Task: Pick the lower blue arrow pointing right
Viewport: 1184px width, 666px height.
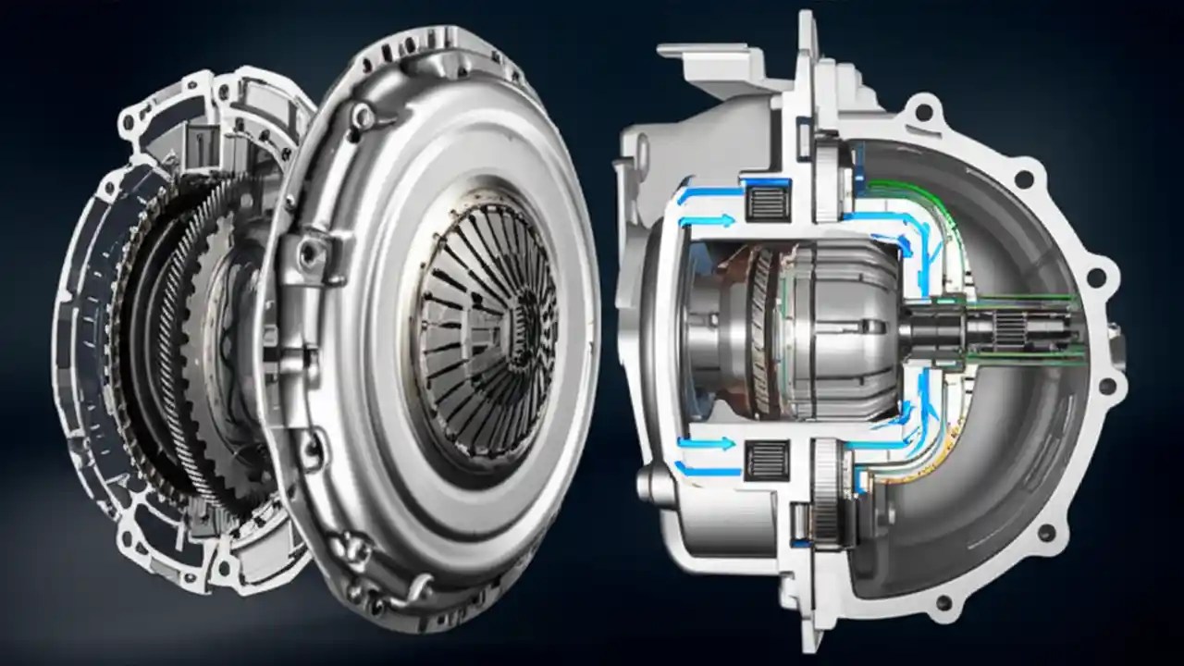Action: click(x=708, y=444)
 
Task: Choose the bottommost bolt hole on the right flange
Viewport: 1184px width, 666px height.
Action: click(x=943, y=602)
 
